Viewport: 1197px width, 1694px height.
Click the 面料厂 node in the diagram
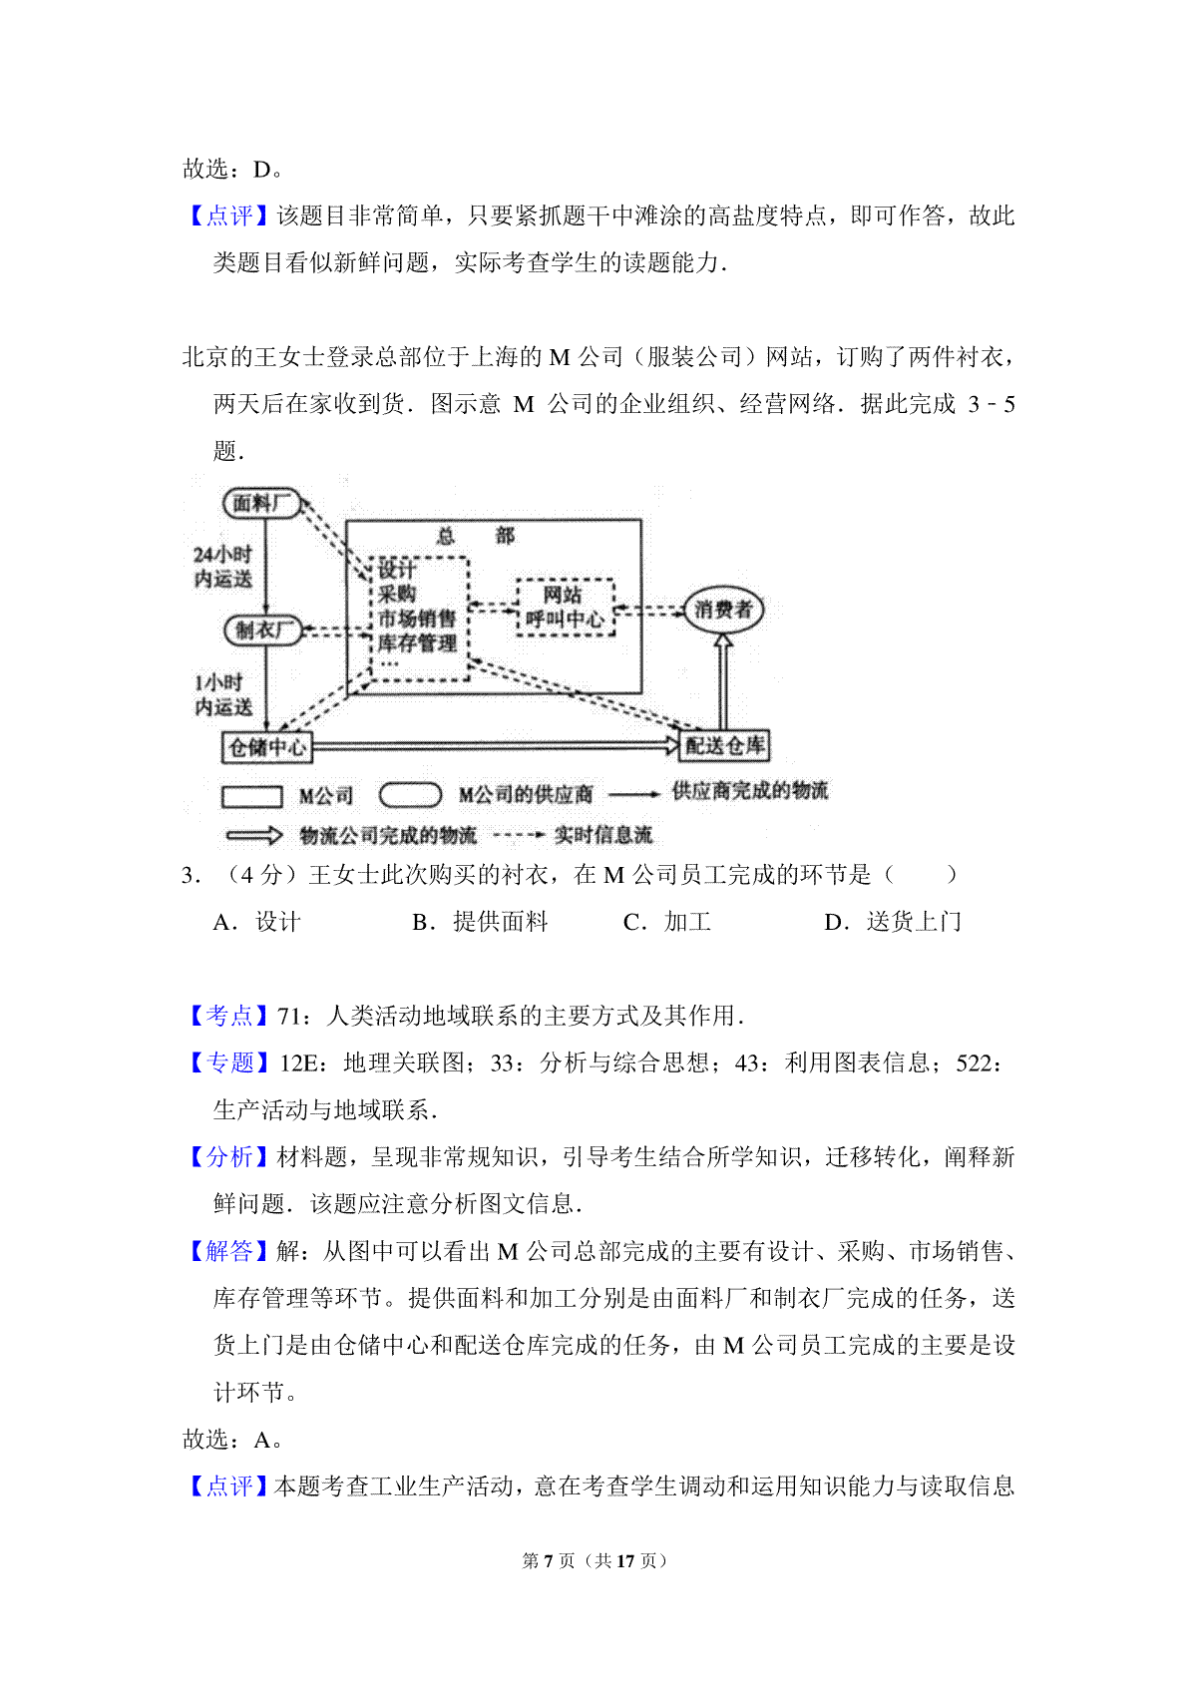261,503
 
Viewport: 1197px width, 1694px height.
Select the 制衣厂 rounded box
263,630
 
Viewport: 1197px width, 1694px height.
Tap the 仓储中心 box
266,747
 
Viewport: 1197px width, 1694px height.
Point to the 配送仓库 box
724,745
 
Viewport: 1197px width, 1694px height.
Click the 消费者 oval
723,610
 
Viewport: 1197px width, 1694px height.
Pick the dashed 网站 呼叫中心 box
565,608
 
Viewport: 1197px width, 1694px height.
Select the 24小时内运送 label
223,567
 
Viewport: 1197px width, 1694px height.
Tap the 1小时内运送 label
223,694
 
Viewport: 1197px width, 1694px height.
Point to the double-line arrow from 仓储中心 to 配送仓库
496,745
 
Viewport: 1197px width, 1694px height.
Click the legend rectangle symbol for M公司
251,796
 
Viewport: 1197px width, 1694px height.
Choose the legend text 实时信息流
603,835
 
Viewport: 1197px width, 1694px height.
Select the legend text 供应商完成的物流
750,791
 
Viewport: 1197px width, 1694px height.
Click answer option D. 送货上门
893,921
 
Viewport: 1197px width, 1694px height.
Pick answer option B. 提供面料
480,921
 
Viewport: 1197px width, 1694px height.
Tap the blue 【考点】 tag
229,1015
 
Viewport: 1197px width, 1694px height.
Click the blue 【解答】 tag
229,1251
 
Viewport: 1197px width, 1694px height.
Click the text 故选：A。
232,1440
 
